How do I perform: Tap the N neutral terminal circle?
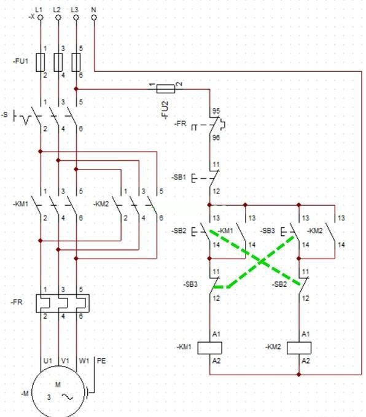coord(93,18)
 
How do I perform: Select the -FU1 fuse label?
coord(20,61)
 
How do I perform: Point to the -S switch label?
coord(6,115)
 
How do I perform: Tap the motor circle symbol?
coord(58,393)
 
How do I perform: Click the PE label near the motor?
coord(101,361)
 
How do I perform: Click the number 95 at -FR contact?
coord(216,111)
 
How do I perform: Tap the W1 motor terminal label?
coord(84,361)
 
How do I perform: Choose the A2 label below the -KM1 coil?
coord(216,361)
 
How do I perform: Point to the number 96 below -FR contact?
coord(216,138)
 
